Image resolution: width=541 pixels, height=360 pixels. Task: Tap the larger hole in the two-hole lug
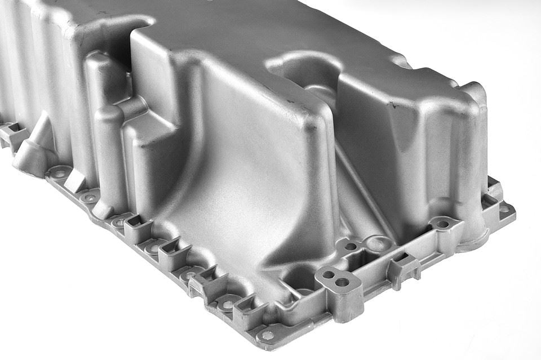tap(341, 282)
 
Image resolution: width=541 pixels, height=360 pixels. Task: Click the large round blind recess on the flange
tap(380, 243)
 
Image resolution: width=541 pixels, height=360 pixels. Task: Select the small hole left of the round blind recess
tap(351, 246)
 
